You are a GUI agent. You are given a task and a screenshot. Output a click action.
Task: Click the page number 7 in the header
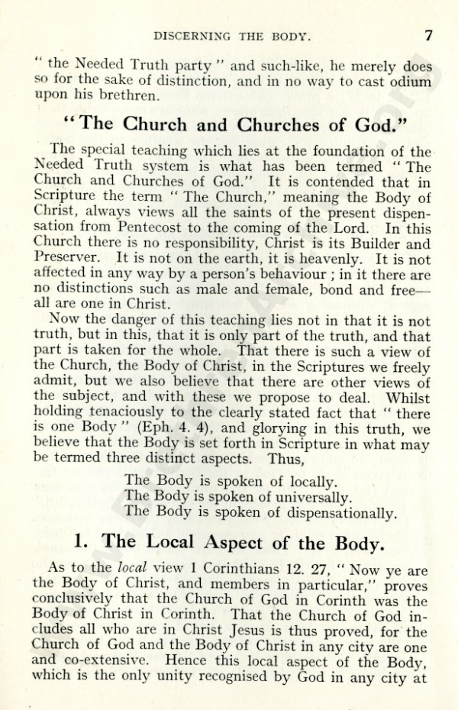(429, 34)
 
